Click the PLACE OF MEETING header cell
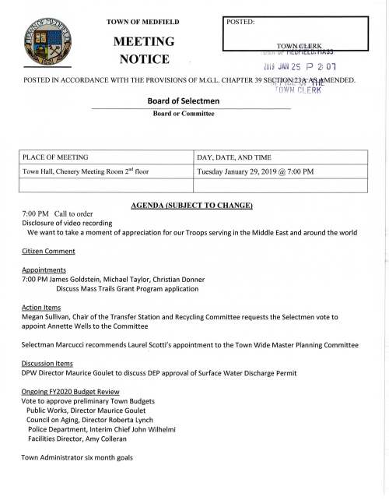[55, 157]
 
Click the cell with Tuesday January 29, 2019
[257, 171]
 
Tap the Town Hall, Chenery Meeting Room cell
[86, 171]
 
